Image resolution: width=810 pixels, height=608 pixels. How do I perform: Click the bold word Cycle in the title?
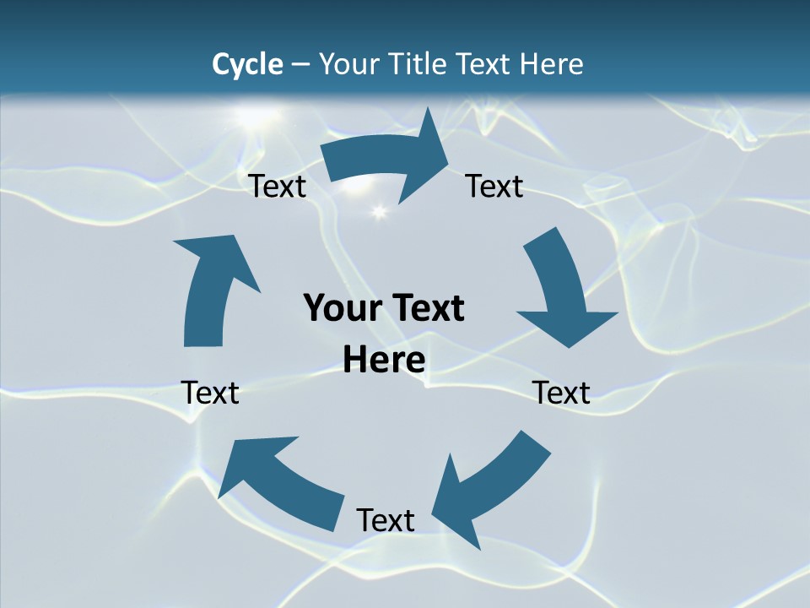pos(247,64)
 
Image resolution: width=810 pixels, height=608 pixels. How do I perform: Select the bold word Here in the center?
pos(384,361)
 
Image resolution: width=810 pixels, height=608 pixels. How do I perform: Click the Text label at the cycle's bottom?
pos(386,520)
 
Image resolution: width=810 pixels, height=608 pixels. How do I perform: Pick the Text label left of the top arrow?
pos(277,186)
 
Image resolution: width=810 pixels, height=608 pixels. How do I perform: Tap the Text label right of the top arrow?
pos(494,186)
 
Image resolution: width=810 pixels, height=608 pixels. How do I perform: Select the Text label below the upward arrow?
pos(210,393)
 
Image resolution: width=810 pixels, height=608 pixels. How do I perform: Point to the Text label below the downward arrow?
pos(561,393)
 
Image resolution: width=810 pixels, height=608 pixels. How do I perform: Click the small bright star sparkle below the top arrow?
pos(378,210)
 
